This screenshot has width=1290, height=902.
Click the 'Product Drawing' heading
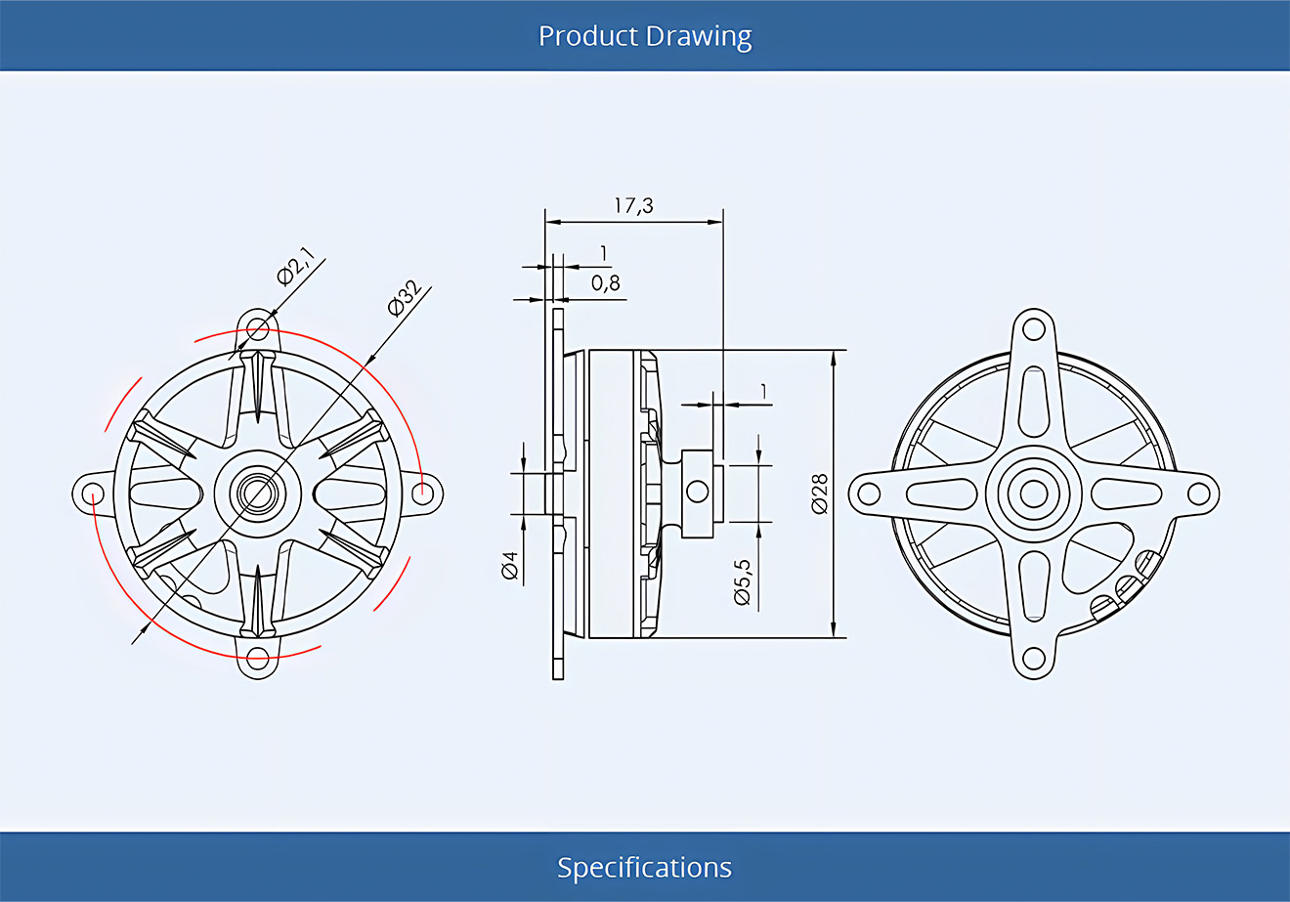click(644, 36)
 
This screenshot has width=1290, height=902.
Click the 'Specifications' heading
click(644, 867)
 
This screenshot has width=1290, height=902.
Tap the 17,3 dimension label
click(633, 205)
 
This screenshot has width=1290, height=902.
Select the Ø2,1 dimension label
click(296, 266)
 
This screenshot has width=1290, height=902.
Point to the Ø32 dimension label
click(405, 298)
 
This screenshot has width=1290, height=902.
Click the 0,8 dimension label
click(606, 282)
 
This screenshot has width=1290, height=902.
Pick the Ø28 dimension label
click(819, 494)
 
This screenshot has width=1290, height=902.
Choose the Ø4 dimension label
click(510, 565)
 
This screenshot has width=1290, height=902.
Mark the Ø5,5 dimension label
click(743, 581)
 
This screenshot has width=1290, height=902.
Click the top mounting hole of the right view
click(1034, 329)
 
